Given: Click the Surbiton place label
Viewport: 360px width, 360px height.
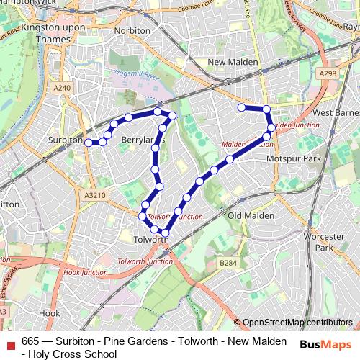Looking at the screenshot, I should (x=66, y=140).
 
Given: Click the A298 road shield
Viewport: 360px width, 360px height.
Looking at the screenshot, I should (x=328, y=73).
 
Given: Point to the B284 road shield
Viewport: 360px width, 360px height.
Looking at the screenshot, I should (x=228, y=264).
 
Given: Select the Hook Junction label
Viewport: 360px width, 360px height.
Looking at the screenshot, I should (x=81, y=273).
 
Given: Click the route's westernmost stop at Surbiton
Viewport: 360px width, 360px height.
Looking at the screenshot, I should (x=89, y=143).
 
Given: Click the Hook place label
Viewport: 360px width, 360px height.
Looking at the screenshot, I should (x=50, y=313).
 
